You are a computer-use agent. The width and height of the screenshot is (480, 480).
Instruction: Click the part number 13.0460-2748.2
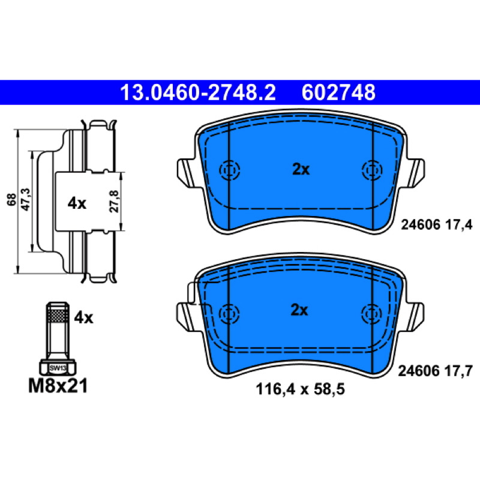pos(198,92)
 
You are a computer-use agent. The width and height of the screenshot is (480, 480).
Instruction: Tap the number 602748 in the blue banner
pos(338,92)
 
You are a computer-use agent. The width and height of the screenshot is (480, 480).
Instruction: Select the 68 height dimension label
pos(11,200)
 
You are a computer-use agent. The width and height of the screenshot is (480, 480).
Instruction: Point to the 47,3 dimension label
pos(26,199)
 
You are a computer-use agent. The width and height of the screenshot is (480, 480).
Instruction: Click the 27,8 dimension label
pos(114,201)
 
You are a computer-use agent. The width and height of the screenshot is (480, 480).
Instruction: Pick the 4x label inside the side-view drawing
pos(77,203)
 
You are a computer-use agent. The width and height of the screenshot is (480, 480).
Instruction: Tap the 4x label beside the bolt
pos(83,318)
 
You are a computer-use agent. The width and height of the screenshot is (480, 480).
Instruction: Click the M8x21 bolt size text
pos(58,386)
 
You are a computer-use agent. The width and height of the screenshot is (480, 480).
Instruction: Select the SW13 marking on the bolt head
pos(58,368)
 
